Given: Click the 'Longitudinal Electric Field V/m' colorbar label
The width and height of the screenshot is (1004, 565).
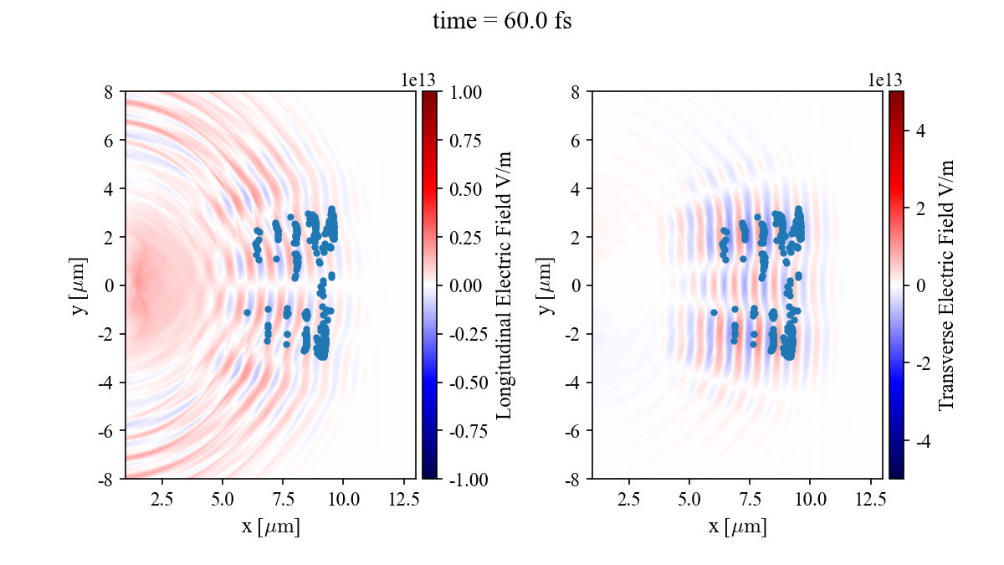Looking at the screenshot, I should tap(505, 285).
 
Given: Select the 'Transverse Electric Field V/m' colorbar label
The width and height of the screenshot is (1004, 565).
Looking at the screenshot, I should tap(946, 285).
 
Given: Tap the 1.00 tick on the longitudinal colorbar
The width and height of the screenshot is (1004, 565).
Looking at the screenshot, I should tap(467, 92).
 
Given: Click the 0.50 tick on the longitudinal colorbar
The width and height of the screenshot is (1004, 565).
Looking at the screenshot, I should tap(467, 189).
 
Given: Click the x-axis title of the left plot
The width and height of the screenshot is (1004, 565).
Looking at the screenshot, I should tap(270, 527).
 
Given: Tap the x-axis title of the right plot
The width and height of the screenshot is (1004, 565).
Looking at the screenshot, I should tap(737, 527).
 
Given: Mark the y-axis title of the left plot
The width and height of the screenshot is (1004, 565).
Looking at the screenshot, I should tap(79, 285).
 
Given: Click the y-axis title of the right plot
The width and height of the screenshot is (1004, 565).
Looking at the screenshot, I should tap(546, 285).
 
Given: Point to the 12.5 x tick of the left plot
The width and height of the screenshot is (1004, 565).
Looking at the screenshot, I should tap(403, 500).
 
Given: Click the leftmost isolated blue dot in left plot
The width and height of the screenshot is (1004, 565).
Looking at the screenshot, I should tap(247, 312).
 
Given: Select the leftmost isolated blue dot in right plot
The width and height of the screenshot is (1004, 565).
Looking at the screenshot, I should tap(714, 312).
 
